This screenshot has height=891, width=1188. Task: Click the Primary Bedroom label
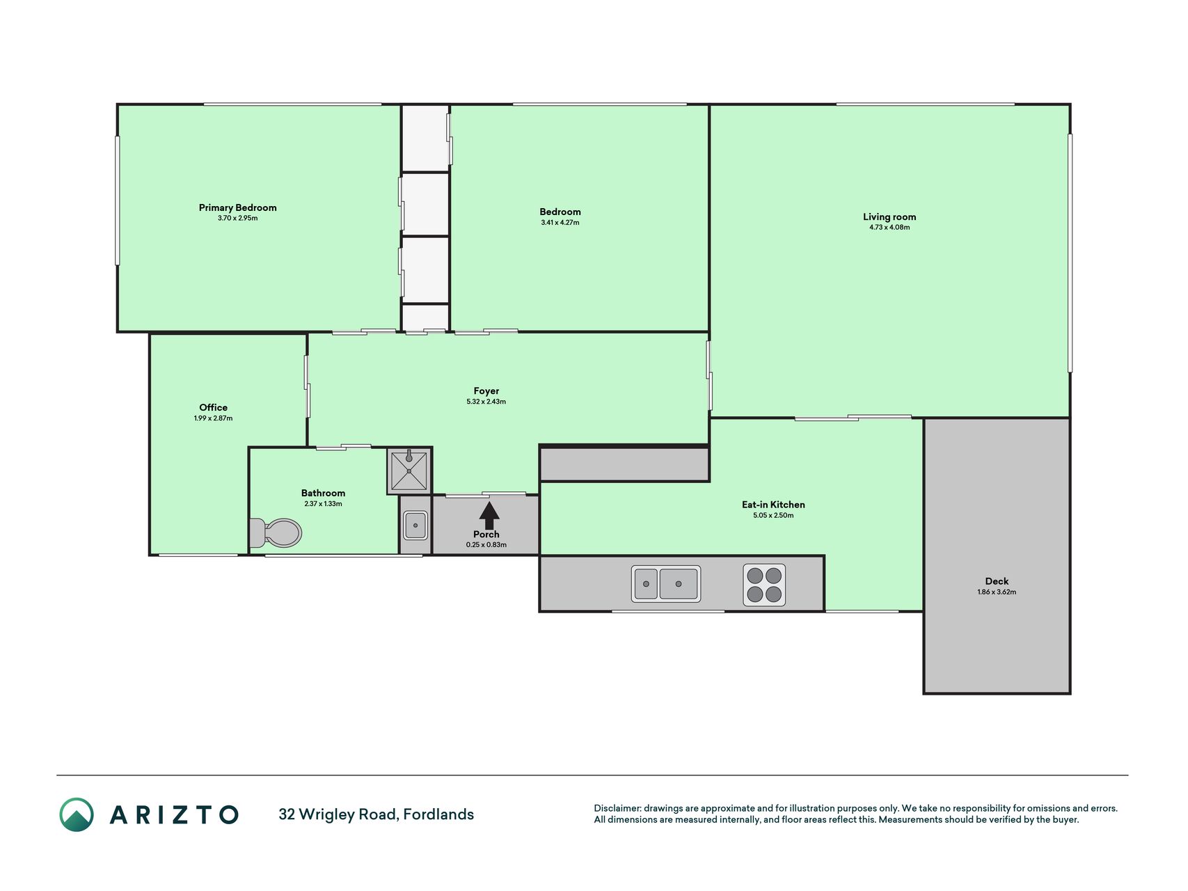coord(237,207)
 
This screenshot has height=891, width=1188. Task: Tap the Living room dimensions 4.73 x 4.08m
coord(889,227)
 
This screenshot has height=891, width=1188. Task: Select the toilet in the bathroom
coord(276,533)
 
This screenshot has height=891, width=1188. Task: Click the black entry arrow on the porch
coord(489,516)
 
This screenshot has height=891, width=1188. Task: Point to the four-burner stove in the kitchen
coord(764,585)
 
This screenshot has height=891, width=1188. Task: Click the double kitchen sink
coord(666,583)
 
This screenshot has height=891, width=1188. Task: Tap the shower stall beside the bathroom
coord(409,471)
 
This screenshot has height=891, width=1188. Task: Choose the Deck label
coord(997,581)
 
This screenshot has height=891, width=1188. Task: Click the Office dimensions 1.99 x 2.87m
coord(213,418)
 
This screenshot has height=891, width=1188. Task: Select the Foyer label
coord(486,391)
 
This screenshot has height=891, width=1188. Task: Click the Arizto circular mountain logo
coord(77,814)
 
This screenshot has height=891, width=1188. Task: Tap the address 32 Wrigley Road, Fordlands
coord(376,814)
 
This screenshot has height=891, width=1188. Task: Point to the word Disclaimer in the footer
coord(617,808)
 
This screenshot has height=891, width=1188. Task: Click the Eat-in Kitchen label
coord(773,505)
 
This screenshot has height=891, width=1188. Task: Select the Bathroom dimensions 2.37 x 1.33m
coord(323,503)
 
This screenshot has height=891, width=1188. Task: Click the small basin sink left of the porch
coord(415,526)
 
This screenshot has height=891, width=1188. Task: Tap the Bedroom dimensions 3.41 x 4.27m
coord(560,223)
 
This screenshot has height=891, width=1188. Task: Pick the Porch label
coord(486,535)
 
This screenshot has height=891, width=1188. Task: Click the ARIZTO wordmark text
coord(174,815)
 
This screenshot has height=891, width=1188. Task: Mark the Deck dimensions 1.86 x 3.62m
coord(997,592)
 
